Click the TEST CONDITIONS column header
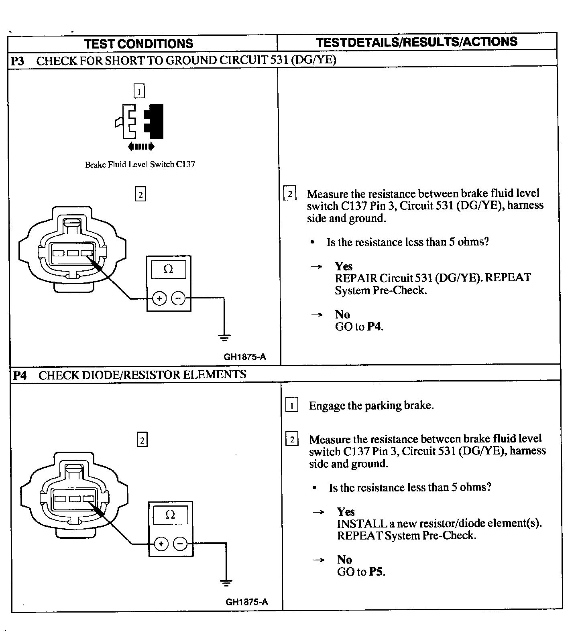click(138, 43)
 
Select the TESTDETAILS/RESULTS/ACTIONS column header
click(416, 42)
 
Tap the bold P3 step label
click(17, 61)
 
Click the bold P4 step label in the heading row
click(20, 375)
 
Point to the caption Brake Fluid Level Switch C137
click(140, 164)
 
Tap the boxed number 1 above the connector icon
click(139, 92)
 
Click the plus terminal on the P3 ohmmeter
click(159, 298)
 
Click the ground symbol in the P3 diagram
click(224, 337)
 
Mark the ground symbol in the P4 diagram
click(226, 582)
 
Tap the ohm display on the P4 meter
click(170, 515)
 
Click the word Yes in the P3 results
click(344, 266)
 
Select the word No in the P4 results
click(344, 560)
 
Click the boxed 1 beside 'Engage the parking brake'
click(291, 406)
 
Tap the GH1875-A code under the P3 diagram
click(245, 357)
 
